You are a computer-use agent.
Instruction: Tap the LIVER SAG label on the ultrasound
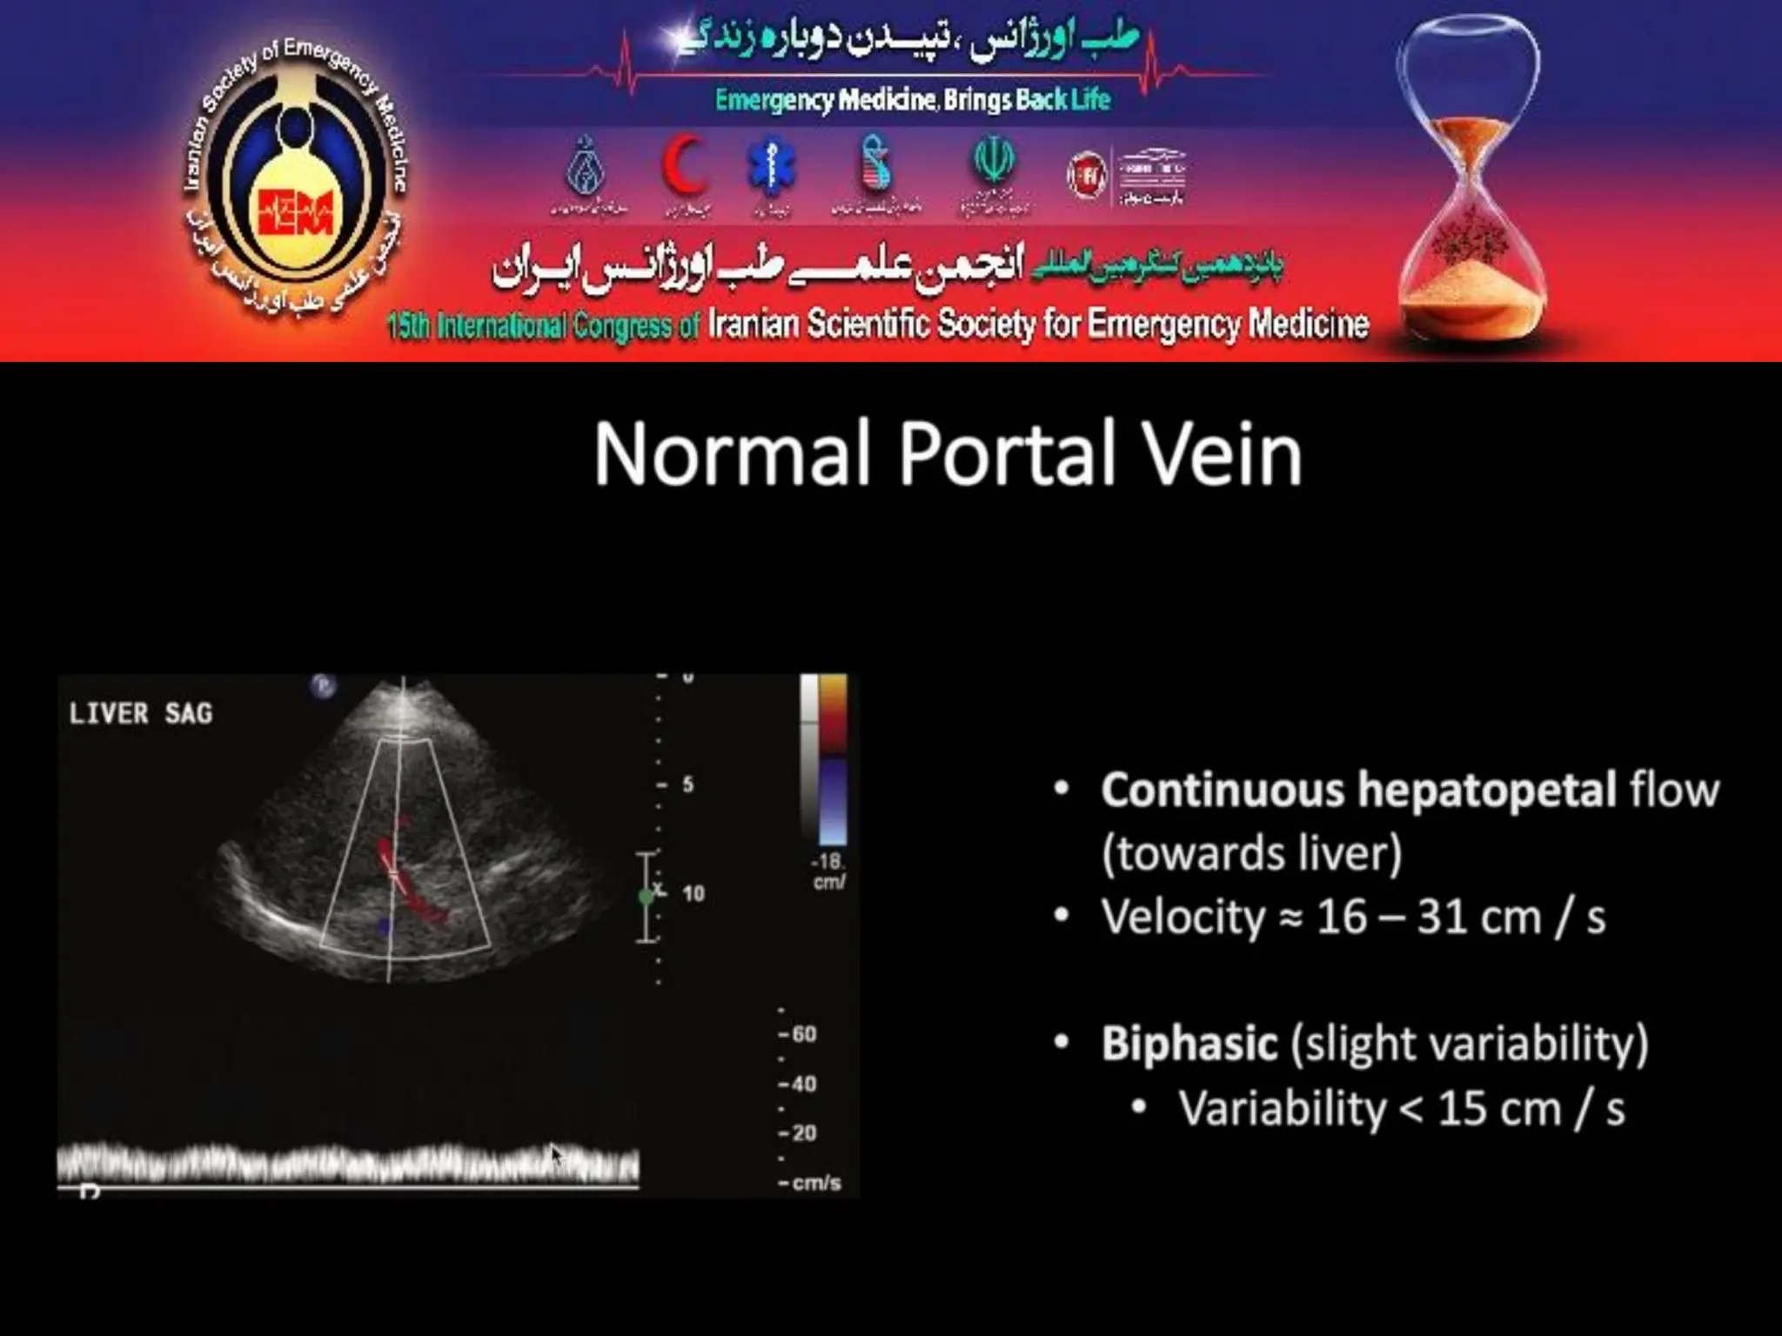[x=141, y=714]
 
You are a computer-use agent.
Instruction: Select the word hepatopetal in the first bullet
[x=1486, y=790]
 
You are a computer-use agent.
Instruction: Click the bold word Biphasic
[x=1189, y=1043]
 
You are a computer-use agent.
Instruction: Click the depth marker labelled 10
[x=693, y=893]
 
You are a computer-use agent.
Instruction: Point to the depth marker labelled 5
[x=687, y=785]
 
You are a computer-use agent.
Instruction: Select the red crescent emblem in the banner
[x=683, y=167]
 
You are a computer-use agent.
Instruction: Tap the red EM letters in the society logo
[x=296, y=211]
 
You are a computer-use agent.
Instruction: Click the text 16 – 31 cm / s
[x=1460, y=917]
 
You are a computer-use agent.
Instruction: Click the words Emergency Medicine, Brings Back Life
[x=912, y=100]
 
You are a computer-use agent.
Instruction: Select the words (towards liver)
[x=1251, y=852]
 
